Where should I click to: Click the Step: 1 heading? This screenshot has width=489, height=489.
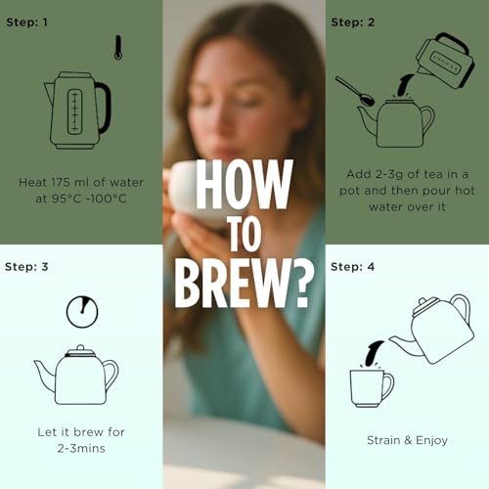[x=26, y=22]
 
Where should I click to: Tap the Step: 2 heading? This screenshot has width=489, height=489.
[x=353, y=22]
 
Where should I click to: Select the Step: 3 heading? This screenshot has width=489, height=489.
[x=26, y=267]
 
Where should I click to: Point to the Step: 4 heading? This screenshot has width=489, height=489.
[x=353, y=267]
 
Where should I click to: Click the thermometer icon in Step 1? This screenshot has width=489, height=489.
[x=118, y=48]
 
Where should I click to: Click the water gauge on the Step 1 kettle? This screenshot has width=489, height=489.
[x=75, y=111]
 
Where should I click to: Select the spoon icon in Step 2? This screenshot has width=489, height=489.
[x=355, y=91]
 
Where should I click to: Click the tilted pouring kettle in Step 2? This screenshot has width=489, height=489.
[x=445, y=61]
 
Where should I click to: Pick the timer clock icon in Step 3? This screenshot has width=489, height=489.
[x=82, y=311]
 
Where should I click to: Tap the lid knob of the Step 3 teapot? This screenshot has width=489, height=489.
[x=80, y=348]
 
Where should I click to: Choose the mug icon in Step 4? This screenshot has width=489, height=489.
[x=372, y=388]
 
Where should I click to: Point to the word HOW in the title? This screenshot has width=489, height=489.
[x=244, y=185]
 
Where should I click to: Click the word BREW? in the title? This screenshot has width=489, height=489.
[x=244, y=285]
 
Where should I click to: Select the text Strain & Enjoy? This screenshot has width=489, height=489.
[x=407, y=440]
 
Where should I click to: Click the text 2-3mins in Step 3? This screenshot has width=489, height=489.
[x=81, y=449]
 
